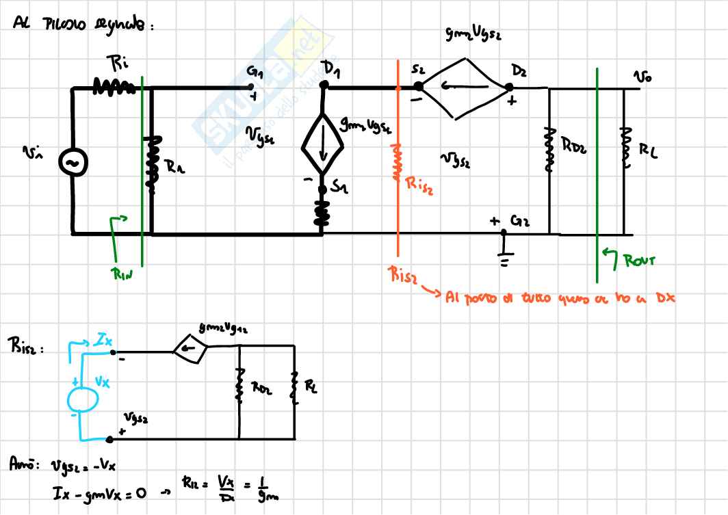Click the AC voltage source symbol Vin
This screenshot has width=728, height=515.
[x=72, y=161]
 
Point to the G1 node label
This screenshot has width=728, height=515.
[x=255, y=71]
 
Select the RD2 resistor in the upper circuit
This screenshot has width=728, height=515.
[x=547, y=147]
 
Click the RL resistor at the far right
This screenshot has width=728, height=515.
[x=623, y=147]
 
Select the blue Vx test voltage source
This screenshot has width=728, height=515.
[x=81, y=397]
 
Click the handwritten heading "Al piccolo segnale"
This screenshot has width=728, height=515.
[x=81, y=25]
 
